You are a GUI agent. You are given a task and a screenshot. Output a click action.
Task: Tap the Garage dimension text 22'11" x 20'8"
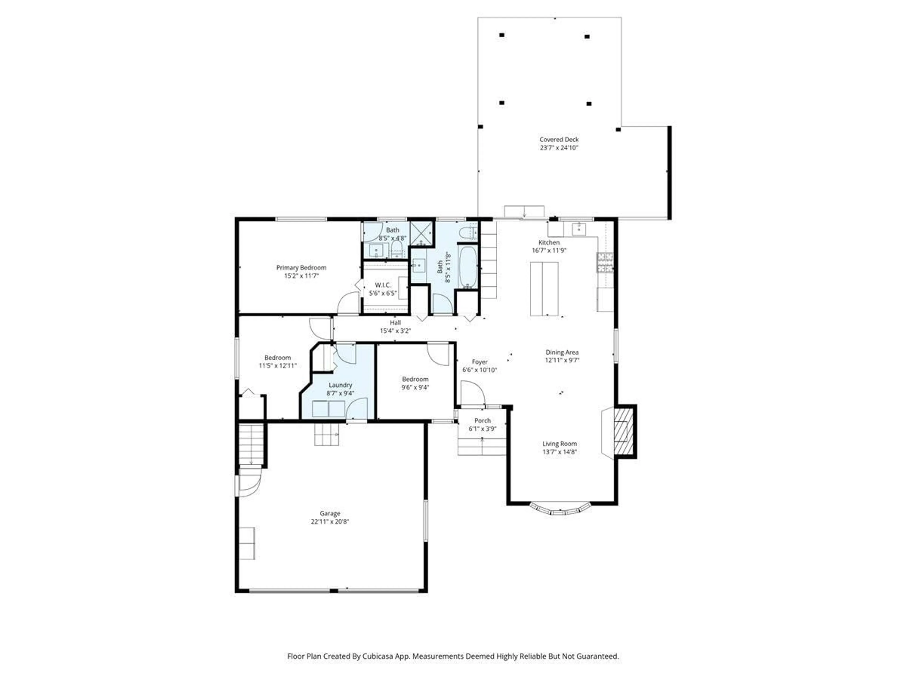click(330, 522)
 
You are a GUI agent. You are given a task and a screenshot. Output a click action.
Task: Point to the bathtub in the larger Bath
click(467, 267)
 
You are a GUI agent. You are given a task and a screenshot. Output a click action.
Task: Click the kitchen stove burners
click(605, 262)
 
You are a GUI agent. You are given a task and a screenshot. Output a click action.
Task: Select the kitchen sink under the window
click(579, 229)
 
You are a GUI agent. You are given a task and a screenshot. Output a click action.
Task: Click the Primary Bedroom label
click(301, 268)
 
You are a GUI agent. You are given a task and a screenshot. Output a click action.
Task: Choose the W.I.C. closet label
click(382, 285)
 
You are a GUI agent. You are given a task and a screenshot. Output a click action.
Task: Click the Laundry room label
click(340, 385)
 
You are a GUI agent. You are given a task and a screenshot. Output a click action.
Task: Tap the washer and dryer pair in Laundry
click(328, 409)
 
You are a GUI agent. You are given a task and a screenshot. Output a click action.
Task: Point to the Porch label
click(482, 420)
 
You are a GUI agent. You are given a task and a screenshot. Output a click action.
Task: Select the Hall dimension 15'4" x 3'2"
click(395, 331)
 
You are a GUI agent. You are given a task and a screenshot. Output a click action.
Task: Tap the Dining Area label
click(562, 352)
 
